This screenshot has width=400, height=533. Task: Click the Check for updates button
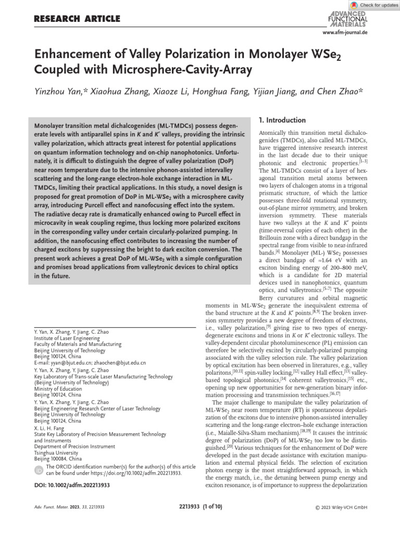[373, 5]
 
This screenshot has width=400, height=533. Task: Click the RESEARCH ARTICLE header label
[77, 19]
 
